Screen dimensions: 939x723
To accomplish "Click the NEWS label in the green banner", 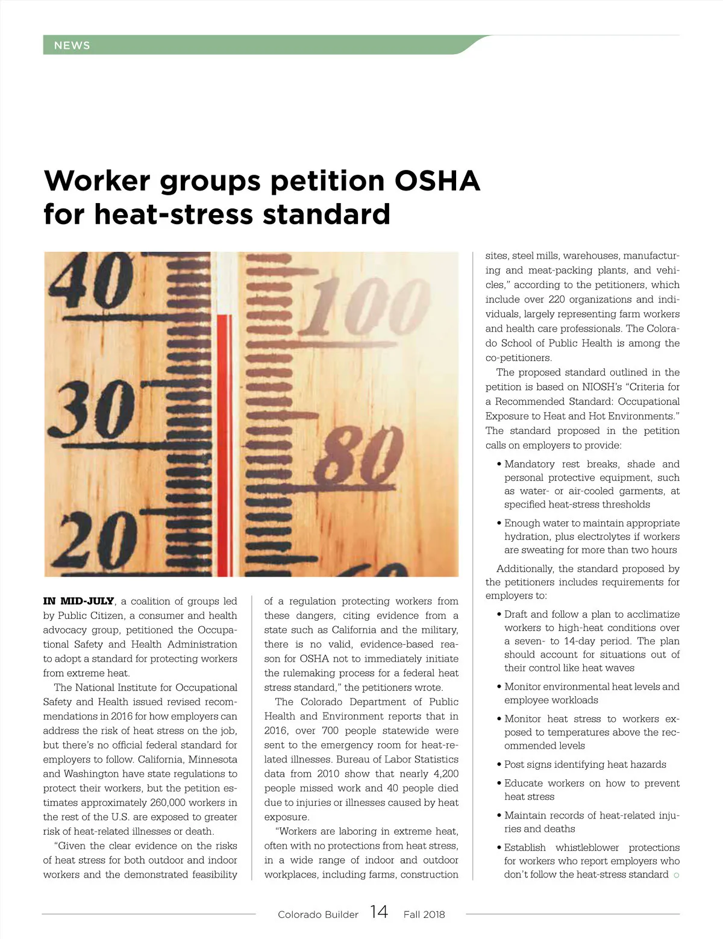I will pos(72,45).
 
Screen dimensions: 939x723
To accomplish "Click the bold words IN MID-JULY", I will pos(78,601).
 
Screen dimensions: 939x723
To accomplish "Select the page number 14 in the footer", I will pos(379,912).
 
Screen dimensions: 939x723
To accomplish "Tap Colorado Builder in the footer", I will pos(318,914).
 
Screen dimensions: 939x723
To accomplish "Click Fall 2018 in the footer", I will pos(424,914).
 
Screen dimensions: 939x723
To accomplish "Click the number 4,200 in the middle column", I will pos(446,774).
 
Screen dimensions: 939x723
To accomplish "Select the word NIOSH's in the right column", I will pos(602,387).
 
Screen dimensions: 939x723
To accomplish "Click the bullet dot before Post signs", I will pos(499,765).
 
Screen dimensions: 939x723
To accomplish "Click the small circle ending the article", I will pos(676,875).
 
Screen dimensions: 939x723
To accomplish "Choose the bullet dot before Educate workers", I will pos(499,784).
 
